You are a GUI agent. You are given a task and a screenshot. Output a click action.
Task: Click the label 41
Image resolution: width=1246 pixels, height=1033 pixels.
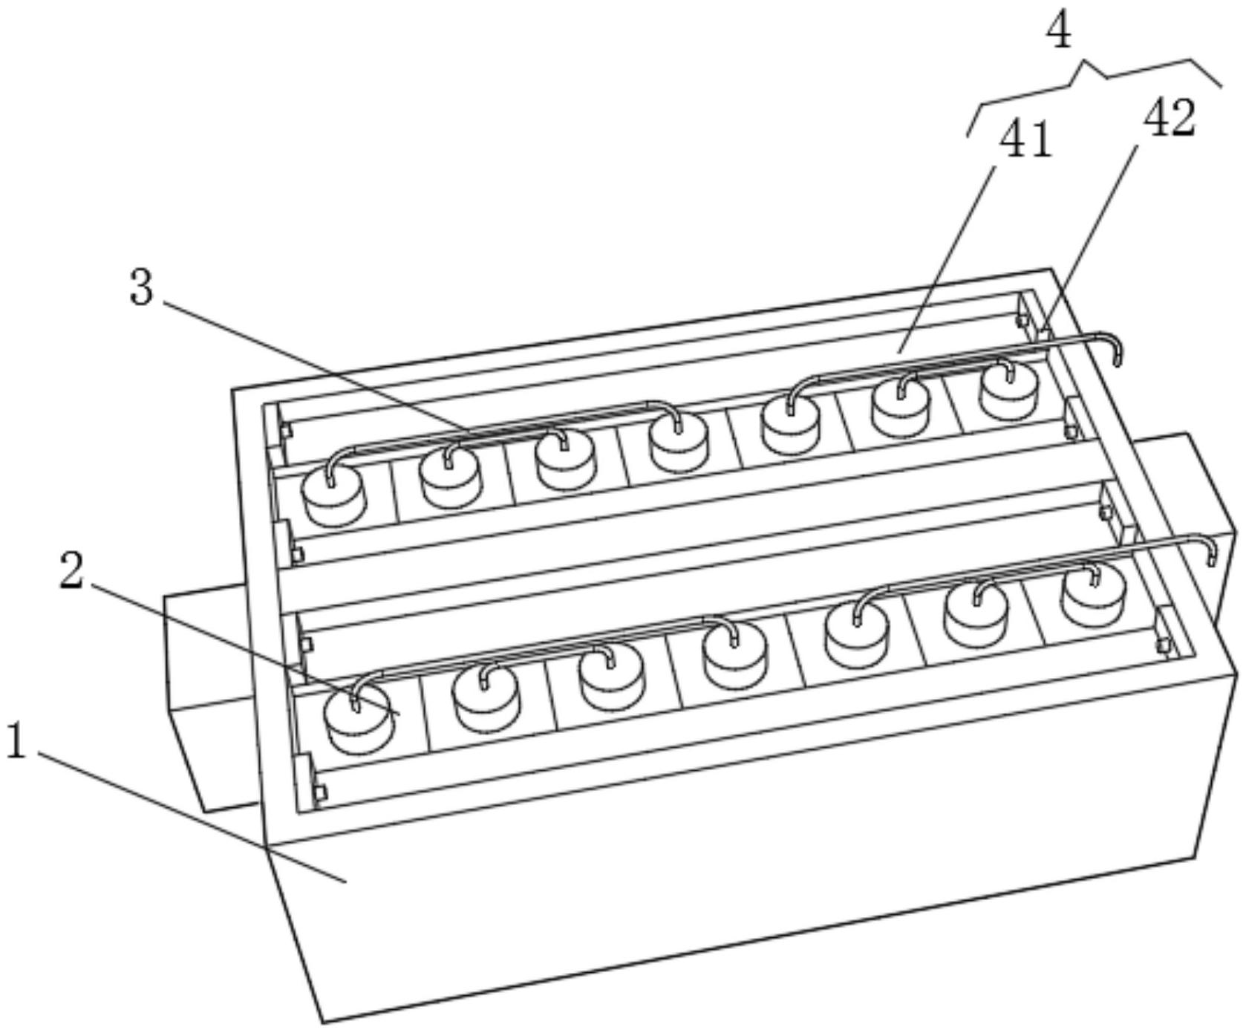1026,140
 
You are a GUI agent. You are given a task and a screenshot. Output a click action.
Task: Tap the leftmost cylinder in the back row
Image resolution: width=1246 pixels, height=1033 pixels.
334,498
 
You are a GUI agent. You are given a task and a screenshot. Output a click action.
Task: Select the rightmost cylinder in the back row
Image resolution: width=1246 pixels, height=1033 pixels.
1008,391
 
